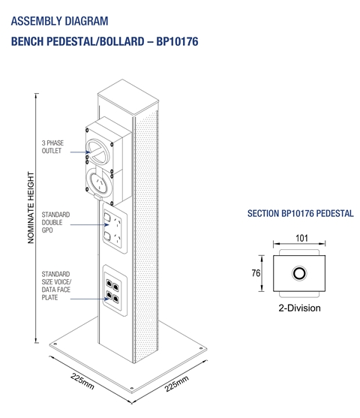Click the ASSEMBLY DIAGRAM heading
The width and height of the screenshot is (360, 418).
click(x=59, y=21)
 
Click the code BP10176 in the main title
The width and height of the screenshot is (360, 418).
click(x=177, y=41)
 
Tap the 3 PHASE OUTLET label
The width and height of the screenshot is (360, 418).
click(x=52, y=147)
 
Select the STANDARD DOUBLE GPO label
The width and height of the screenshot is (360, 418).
click(x=55, y=222)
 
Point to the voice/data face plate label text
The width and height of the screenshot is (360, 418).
click(x=56, y=286)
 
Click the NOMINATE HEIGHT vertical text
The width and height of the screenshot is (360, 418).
click(x=31, y=207)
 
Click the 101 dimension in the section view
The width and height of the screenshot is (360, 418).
click(x=301, y=238)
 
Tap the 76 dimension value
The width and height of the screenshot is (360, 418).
click(x=256, y=273)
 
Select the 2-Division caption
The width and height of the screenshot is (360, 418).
click(x=299, y=308)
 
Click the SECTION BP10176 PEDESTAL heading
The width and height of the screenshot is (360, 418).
click(x=300, y=214)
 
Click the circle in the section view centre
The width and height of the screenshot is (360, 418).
click(x=299, y=273)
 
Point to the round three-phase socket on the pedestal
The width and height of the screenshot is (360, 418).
click(x=100, y=182)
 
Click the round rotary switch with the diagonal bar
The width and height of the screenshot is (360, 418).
click(x=97, y=152)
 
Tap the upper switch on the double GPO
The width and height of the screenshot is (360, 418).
click(x=107, y=217)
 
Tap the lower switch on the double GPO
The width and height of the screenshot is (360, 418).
click(x=107, y=236)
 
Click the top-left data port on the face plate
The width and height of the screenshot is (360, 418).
click(x=109, y=283)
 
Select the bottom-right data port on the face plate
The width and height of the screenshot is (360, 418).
click(x=115, y=299)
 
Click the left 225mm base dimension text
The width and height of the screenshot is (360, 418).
click(x=82, y=381)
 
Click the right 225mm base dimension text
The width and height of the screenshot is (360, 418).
click(x=177, y=383)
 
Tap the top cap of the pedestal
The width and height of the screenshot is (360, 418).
click(x=128, y=98)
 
